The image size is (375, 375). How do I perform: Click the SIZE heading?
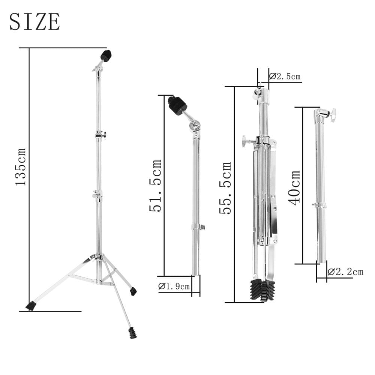coord(34,21)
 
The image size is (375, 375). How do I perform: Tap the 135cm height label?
coord(20,167)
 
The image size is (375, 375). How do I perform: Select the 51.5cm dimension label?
coord(155,186)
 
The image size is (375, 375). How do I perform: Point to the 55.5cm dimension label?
coord(225,188)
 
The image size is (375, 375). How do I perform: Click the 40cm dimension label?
coord(294,188)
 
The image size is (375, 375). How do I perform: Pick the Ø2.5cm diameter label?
coord(285,76)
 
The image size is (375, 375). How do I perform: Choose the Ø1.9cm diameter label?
coord(174,286)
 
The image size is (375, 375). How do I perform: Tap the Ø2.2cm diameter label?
coord(345,271)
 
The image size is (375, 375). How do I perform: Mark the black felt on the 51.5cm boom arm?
coord(177,106)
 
